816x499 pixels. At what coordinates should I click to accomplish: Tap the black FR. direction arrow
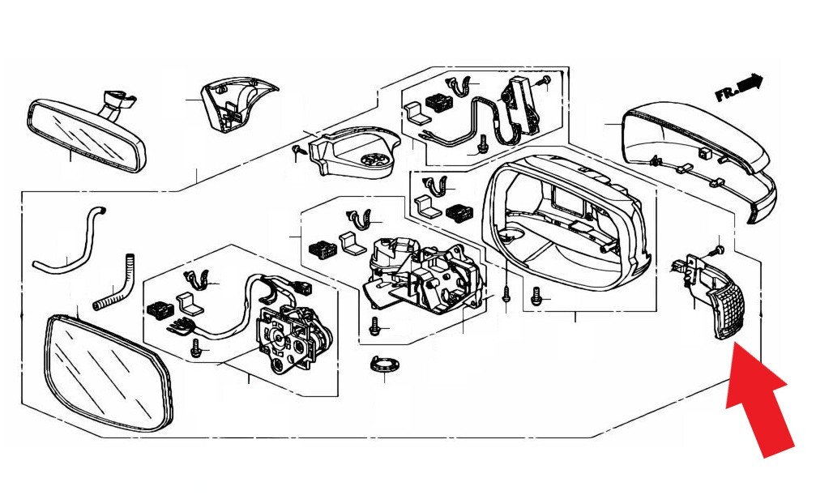pyautogui.click(x=739, y=87)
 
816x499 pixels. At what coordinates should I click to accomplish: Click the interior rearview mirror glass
pyautogui.click(x=87, y=134)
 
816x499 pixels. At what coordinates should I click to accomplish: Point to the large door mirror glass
pyautogui.click(x=109, y=373)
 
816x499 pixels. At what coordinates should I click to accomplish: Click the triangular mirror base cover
pyautogui.click(x=237, y=104)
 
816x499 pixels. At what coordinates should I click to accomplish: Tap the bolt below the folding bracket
pyautogui.click(x=374, y=326)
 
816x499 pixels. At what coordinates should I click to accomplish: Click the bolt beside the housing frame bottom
pyautogui.click(x=535, y=296)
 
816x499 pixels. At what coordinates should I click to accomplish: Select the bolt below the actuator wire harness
pyautogui.click(x=196, y=348)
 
